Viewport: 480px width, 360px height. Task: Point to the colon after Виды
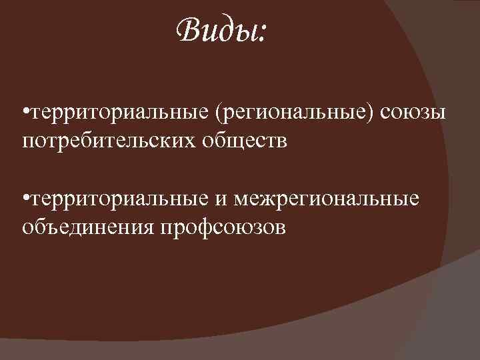tap(261, 33)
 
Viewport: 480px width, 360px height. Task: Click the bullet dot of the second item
tap(25, 199)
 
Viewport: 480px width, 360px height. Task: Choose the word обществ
tap(249, 141)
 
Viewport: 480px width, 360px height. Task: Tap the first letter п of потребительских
tap(28, 141)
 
